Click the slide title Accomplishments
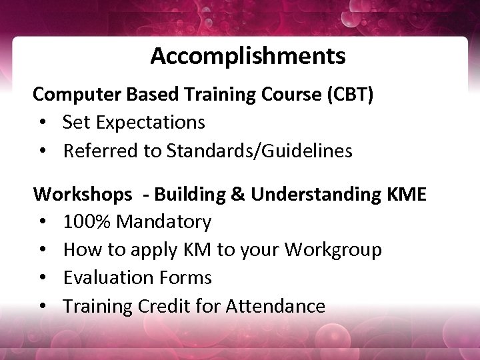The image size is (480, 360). [247, 56]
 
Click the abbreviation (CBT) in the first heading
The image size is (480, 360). [350, 95]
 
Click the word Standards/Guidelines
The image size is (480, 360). [259, 151]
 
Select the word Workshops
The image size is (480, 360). [83, 195]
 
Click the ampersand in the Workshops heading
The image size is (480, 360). [238, 195]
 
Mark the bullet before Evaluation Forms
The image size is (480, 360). [43, 278]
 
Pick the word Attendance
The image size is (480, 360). [275, 306]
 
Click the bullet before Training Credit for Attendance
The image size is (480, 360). [43, 307]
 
